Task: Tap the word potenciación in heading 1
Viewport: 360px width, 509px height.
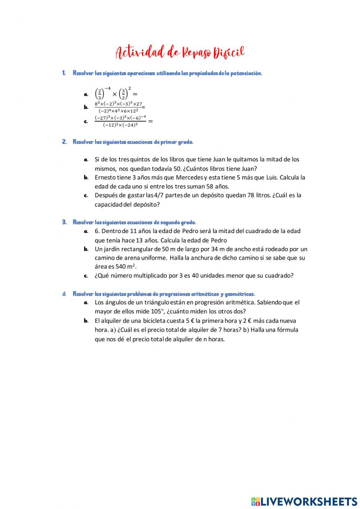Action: click(246, 73)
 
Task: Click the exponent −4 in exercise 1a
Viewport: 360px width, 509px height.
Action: click(108, 89)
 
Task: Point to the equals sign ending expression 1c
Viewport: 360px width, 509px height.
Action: click(150, 121)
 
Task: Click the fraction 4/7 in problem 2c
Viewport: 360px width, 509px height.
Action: click(159, 195)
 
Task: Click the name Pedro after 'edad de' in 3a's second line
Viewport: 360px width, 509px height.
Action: click(219, 240)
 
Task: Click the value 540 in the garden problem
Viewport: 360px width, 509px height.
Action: click(121, 267)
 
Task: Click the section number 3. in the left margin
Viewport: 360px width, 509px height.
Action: click(64, 222)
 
